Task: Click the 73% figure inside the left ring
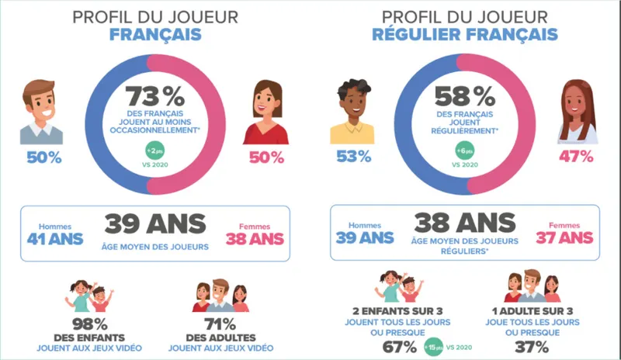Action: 155,97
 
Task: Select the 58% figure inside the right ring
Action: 464,97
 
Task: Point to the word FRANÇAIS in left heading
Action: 155,35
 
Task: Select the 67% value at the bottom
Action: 400,345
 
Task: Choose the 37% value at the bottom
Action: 532,345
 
